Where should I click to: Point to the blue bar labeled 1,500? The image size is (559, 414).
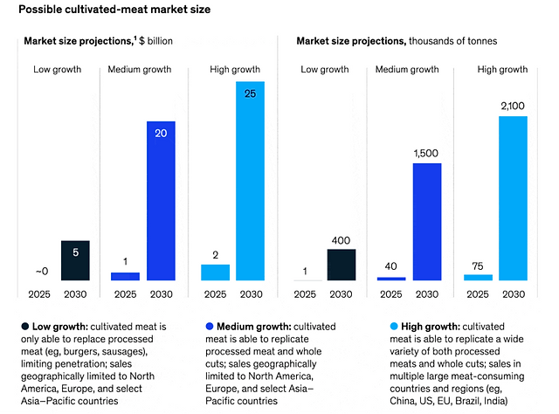(x=426, y=221)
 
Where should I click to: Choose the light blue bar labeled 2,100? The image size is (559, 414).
(x=513, y=197)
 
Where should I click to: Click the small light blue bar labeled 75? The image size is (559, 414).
(x=478, y=277)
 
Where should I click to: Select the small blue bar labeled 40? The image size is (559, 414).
(x=391, y=279)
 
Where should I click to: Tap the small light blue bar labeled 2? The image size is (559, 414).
(x=215, y=272)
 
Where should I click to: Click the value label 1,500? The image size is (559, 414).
(x=426, y=154)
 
